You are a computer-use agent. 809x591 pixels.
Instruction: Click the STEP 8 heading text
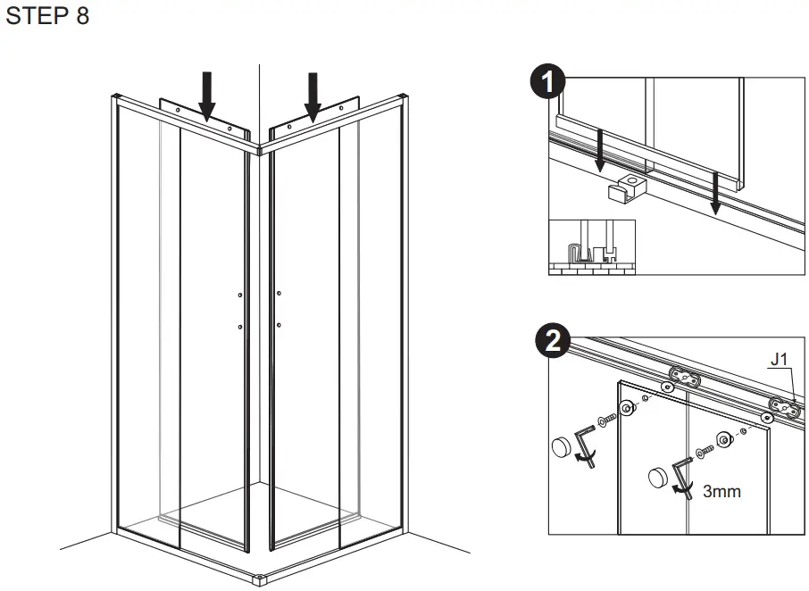[47, 17]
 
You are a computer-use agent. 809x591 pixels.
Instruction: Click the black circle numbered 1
[546, 83]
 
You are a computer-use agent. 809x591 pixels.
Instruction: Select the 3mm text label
[721, 491]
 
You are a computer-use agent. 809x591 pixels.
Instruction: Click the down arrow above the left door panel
[207, 96]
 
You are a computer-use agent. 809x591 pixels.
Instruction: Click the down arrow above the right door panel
[313, 96]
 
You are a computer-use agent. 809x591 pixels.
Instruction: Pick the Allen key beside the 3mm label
[681, 479]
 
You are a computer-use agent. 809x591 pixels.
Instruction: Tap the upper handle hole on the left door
[241, 295]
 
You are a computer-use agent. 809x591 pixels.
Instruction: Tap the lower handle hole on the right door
[279, 325]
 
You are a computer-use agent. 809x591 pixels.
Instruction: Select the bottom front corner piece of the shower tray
[260, 579]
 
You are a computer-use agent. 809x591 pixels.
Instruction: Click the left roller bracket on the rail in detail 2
[684, 376]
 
